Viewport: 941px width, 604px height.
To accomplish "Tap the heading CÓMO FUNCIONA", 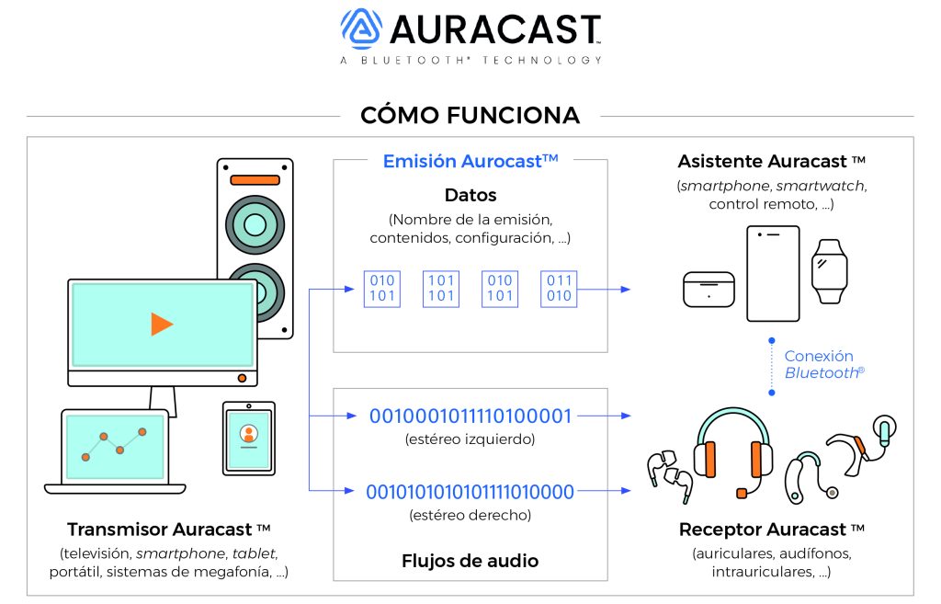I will pyautogui.click(x=470, y=115).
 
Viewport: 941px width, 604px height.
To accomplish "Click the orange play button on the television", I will pyautogui.click(x=162, y=324).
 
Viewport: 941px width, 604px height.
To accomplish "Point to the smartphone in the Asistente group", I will pyautogui.click(x=773, y=273).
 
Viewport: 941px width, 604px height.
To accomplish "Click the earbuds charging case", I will pyautogui.click(x=708, y=290).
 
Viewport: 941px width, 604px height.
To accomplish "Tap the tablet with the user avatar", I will pyautogui.click(x=248, y=438).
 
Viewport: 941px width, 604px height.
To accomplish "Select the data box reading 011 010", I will pyautogui.click(x=559, y=288).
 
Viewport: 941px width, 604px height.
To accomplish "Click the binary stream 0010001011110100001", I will pyautogui.click(x=470, y=416).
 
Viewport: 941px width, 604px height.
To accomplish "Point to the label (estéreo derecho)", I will pyautogui.click(x=470, y=515).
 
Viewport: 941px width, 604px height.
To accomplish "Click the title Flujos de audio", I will pyautogui.click(x=470, y=560).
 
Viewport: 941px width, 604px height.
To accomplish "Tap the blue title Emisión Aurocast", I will pyautogui.click(x=470, y=162).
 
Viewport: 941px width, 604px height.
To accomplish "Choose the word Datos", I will pyautogui.click(x=470, y=195).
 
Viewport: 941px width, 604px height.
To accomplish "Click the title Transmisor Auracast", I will pyautogui.click(x=168, y=530).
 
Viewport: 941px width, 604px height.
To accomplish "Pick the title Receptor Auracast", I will pyautogui.click(x=772, y=530).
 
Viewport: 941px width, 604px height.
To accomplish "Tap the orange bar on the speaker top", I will pyautogui.click(x=255, y=180).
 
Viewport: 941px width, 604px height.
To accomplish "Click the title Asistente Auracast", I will pyautogui.click(x=772, y=162).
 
